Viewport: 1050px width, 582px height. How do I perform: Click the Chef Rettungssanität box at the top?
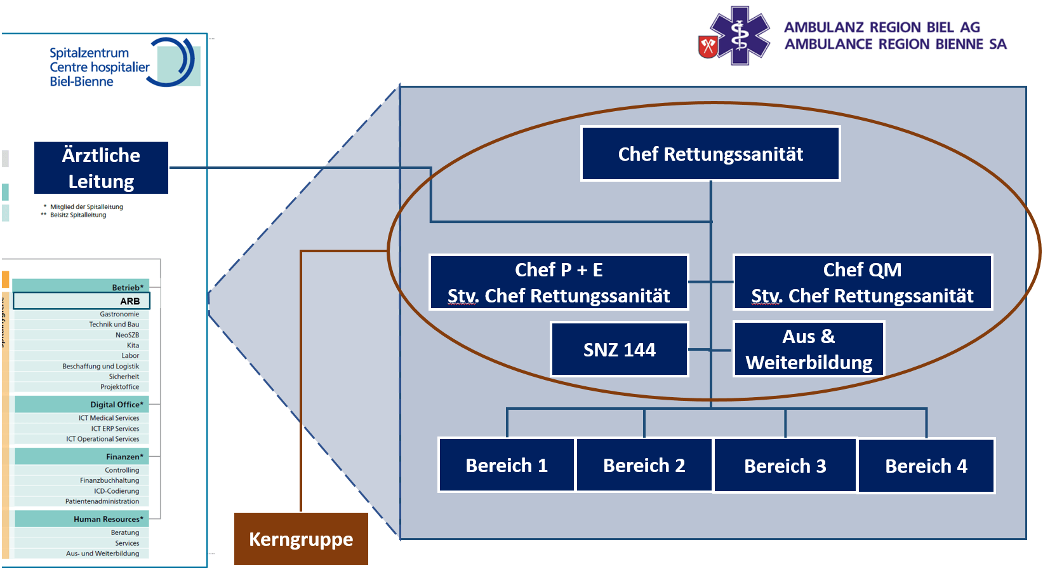coord(710,154)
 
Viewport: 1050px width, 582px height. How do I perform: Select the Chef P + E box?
coord(559,282)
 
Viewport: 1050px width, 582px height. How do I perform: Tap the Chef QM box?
coord(862,282)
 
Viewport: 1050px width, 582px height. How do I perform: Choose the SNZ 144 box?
coord(619,349)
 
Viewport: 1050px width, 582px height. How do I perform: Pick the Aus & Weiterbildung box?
coord(808,349)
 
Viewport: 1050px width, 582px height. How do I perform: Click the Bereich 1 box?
coord(507,465)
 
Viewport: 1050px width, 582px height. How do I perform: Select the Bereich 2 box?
coord(644,465)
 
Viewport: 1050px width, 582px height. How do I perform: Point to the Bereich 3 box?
coord(785,466)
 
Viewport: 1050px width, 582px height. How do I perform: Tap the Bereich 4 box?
coord(926,466)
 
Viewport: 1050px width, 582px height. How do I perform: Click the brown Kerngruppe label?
coord(301,539)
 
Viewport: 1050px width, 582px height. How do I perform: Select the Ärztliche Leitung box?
coord(101,168)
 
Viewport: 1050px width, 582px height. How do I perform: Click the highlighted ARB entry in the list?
coord(81,301)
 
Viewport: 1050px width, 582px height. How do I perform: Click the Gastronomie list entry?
coord(119,314)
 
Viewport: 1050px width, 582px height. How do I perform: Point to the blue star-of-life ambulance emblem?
coord(740,36)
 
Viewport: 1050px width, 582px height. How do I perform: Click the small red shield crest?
coord(708,46)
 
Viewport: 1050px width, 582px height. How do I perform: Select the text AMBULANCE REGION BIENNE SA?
coord(895,44)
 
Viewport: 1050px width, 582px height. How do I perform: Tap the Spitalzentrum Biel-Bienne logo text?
coord(99,67)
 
